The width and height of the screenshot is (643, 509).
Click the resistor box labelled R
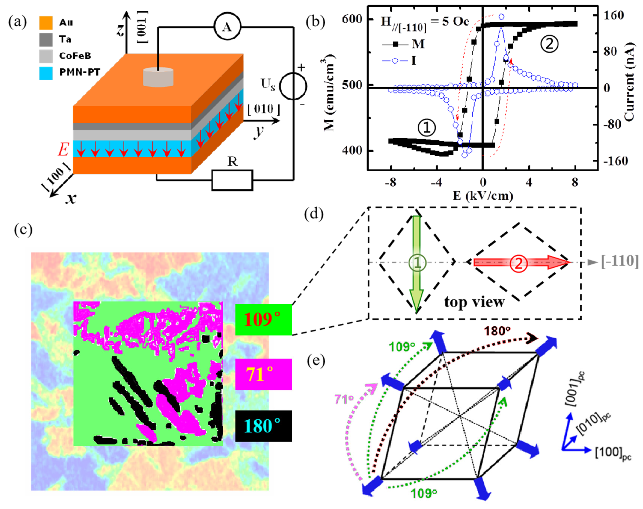pyautogui.click(x=232, y=180)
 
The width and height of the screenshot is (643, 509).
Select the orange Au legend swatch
pyautogui.click(x=46, y=23)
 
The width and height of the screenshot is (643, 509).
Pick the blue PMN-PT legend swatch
pyautogui.click(x=46, y=73)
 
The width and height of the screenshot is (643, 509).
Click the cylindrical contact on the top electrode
pyautogui.click(x=158, y=77)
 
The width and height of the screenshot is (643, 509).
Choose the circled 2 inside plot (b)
pyautogui.click(x=549, y=44)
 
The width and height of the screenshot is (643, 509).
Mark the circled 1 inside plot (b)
pyautogui.click(x=426, y=128)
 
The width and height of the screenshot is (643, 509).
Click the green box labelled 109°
pyautogui.click(x=263, y=319)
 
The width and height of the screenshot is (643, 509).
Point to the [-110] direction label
pyautogui.click(x=620, y=261)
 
